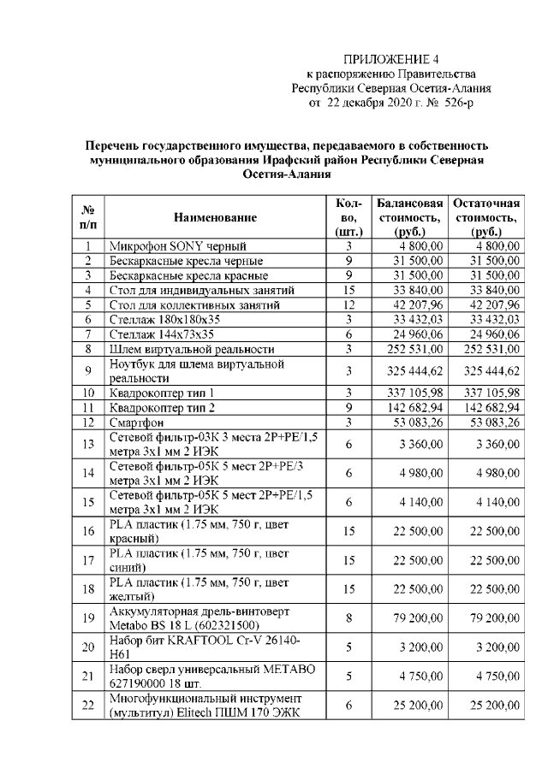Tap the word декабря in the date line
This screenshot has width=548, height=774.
366,103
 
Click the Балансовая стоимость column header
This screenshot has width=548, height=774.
409,217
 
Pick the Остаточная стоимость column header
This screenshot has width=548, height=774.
486,217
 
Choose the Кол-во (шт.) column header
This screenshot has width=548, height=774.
349,217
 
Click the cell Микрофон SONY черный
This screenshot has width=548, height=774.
178,246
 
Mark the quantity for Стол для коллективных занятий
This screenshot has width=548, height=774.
349,304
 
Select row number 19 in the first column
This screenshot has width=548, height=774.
88,617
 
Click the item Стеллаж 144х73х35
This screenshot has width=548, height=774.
161,334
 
